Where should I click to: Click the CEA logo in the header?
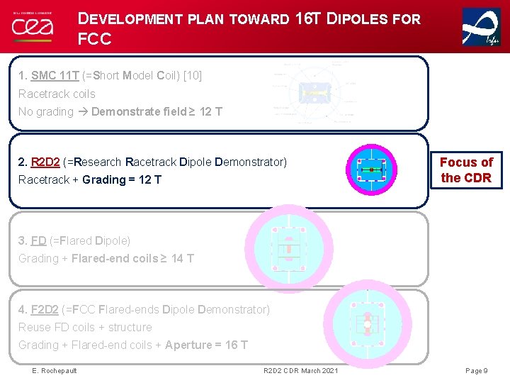click(32, 26)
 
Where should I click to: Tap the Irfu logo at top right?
click(481, 27)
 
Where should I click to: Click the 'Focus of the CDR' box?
click(466, 170)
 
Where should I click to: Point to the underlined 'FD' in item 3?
click(38, 240)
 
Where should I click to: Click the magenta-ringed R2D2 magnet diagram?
click(370, 170)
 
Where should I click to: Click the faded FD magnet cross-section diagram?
click(288, 248)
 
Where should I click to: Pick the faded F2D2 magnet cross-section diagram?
click(367, 325)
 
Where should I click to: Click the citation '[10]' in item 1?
click(193, 75)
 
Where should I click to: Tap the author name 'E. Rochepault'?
click(55, 371)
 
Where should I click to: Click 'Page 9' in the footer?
click(476, 371)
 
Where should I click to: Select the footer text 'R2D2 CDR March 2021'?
click(300, 371)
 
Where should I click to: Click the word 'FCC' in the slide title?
click(95, 39)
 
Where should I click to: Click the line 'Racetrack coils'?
click(57, 94)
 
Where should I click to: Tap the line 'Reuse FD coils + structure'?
click(85, 327)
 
